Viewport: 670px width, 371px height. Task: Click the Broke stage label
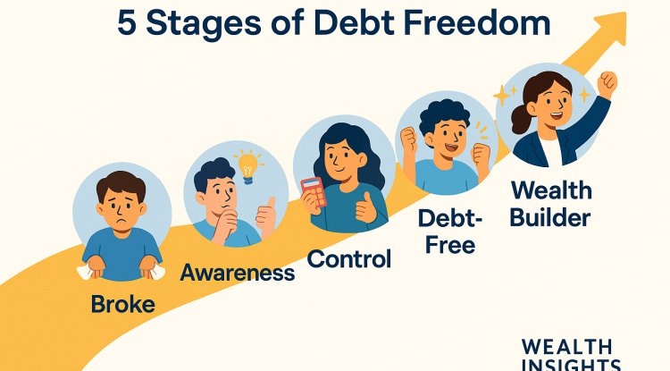point(122,304)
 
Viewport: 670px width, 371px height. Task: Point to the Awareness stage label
point(238,273)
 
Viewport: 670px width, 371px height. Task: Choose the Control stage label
point(349,259)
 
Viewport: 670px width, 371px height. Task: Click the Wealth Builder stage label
point(550,203)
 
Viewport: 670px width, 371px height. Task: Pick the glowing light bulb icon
point(247,164)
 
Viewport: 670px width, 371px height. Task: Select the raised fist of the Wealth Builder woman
point(607,85)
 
